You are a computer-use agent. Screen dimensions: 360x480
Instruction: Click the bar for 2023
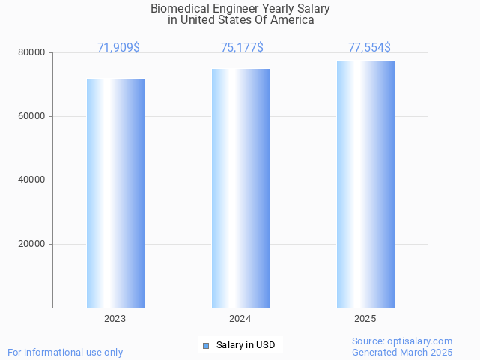coord(115,193)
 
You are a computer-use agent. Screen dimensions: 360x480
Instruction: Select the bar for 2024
coord(240,188)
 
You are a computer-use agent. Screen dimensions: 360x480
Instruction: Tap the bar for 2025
coord(365,184)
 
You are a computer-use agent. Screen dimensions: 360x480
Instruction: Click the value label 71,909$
coord(118,48)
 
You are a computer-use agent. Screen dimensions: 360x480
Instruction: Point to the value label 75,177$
coord(242,48)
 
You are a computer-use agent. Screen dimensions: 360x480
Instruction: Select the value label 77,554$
coord(369,48)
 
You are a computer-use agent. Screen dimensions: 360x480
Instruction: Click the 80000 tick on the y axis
coord(32,53)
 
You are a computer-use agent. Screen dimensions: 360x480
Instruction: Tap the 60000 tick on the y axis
coord(32,117)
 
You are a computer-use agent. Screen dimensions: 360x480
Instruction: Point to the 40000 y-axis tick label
coord(32,180)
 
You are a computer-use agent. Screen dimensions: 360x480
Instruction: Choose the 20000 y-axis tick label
coord(32,244)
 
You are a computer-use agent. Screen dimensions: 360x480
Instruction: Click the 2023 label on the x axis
coord(115,319)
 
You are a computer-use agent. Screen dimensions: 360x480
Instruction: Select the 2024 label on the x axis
coord(240,319)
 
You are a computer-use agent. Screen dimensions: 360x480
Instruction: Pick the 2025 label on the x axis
coord(365,319)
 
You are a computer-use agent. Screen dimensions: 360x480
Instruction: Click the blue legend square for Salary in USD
coord(206,345)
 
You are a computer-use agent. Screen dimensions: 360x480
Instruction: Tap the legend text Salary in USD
coord(246,345)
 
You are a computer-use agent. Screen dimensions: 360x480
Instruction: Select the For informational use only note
coord(65,352)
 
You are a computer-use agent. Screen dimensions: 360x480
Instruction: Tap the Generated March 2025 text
coord(402,352)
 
